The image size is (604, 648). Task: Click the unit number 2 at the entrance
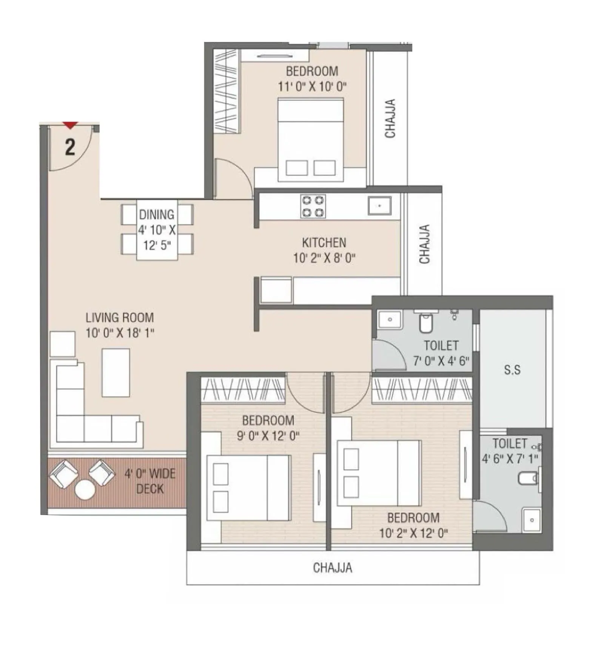click(70, 148)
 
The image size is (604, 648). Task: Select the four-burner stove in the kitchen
click(313, 206)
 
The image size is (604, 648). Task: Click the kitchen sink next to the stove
click(379, 206)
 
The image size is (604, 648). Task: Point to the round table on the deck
click(85, 490)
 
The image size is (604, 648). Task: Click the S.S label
click(512, 370)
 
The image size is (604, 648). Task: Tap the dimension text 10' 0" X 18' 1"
click(120, 333)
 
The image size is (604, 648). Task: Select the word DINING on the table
click(157, 215)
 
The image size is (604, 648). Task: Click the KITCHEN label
click(324, 243)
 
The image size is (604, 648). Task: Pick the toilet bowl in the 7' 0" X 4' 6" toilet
click(426, 323)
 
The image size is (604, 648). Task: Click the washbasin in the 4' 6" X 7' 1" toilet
click(532, 520)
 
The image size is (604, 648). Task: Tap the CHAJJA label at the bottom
click(333, 568)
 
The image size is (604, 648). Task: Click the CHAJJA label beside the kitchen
click(425, 244)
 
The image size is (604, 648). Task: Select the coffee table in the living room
click(116, 372)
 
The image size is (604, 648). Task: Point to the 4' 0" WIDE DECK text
click(150, 481)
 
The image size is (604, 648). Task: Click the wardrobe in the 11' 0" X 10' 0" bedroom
click(226, 91)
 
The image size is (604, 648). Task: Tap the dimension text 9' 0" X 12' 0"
click(268, 436)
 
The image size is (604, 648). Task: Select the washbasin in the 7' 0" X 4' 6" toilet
click(390, 320)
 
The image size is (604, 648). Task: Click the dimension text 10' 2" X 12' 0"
click(413, 533)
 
